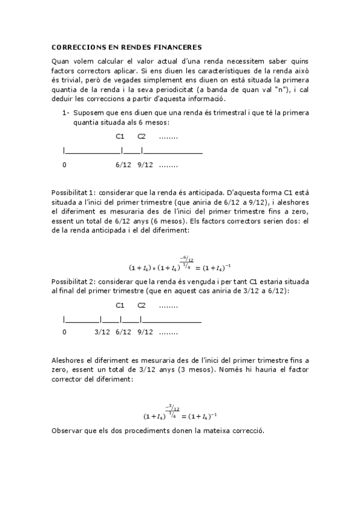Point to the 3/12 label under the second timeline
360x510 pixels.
(102, 332)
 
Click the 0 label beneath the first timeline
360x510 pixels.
(64, 164)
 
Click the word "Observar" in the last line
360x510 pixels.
(68, 431)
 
